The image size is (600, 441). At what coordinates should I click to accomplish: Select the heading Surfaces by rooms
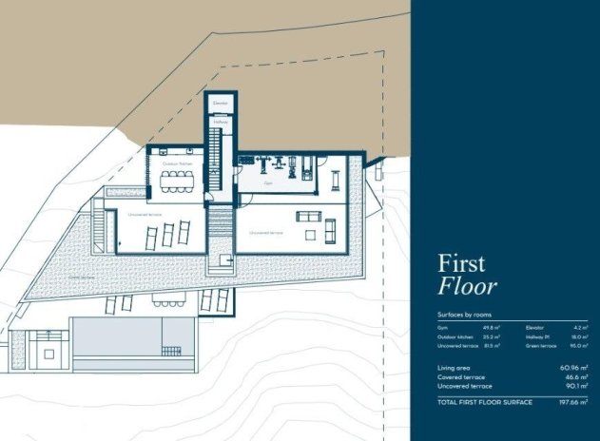[x=464, y=314]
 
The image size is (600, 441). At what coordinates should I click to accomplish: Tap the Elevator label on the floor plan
[x=221, y=102]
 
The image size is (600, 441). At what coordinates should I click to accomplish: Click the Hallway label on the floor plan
[x=221, y=123]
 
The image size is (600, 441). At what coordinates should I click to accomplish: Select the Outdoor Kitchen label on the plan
[x=176, y=164]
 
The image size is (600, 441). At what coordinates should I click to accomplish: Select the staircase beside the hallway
[x=217, y=157]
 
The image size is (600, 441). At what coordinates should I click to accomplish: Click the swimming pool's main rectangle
[x=118, y=335]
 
